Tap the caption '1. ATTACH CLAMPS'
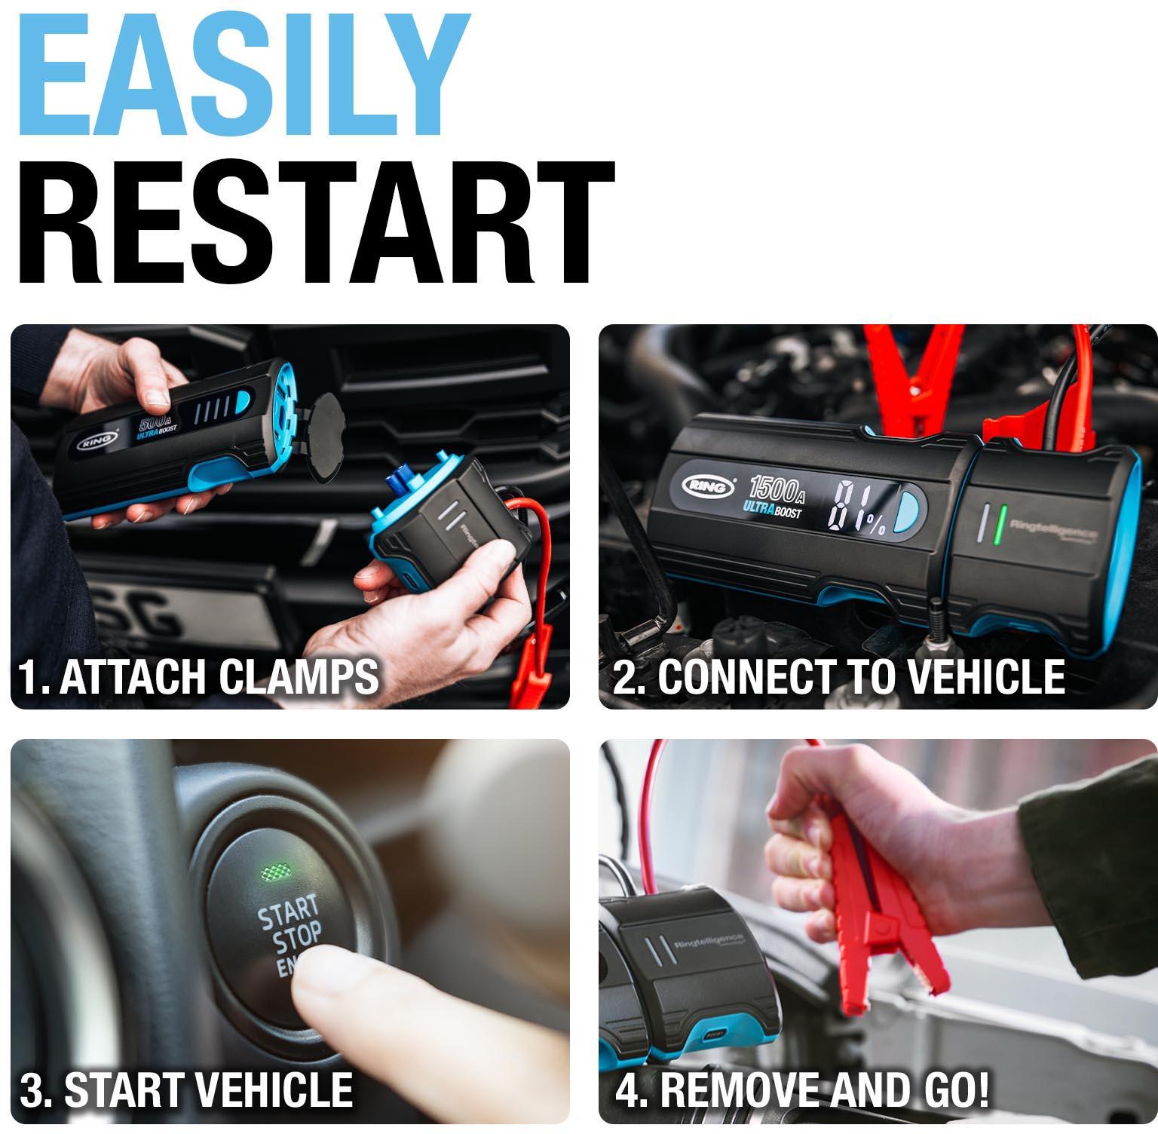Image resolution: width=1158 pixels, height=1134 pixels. [x=198, y=676]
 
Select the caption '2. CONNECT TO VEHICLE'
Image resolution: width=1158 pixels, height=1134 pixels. [x=838, y=676]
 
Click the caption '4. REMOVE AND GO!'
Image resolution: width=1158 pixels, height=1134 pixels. [x=802, y=1090]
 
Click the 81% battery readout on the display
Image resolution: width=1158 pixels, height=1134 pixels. [x=856, y=510]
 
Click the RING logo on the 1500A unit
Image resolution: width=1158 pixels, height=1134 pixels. [x=709, y=487]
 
